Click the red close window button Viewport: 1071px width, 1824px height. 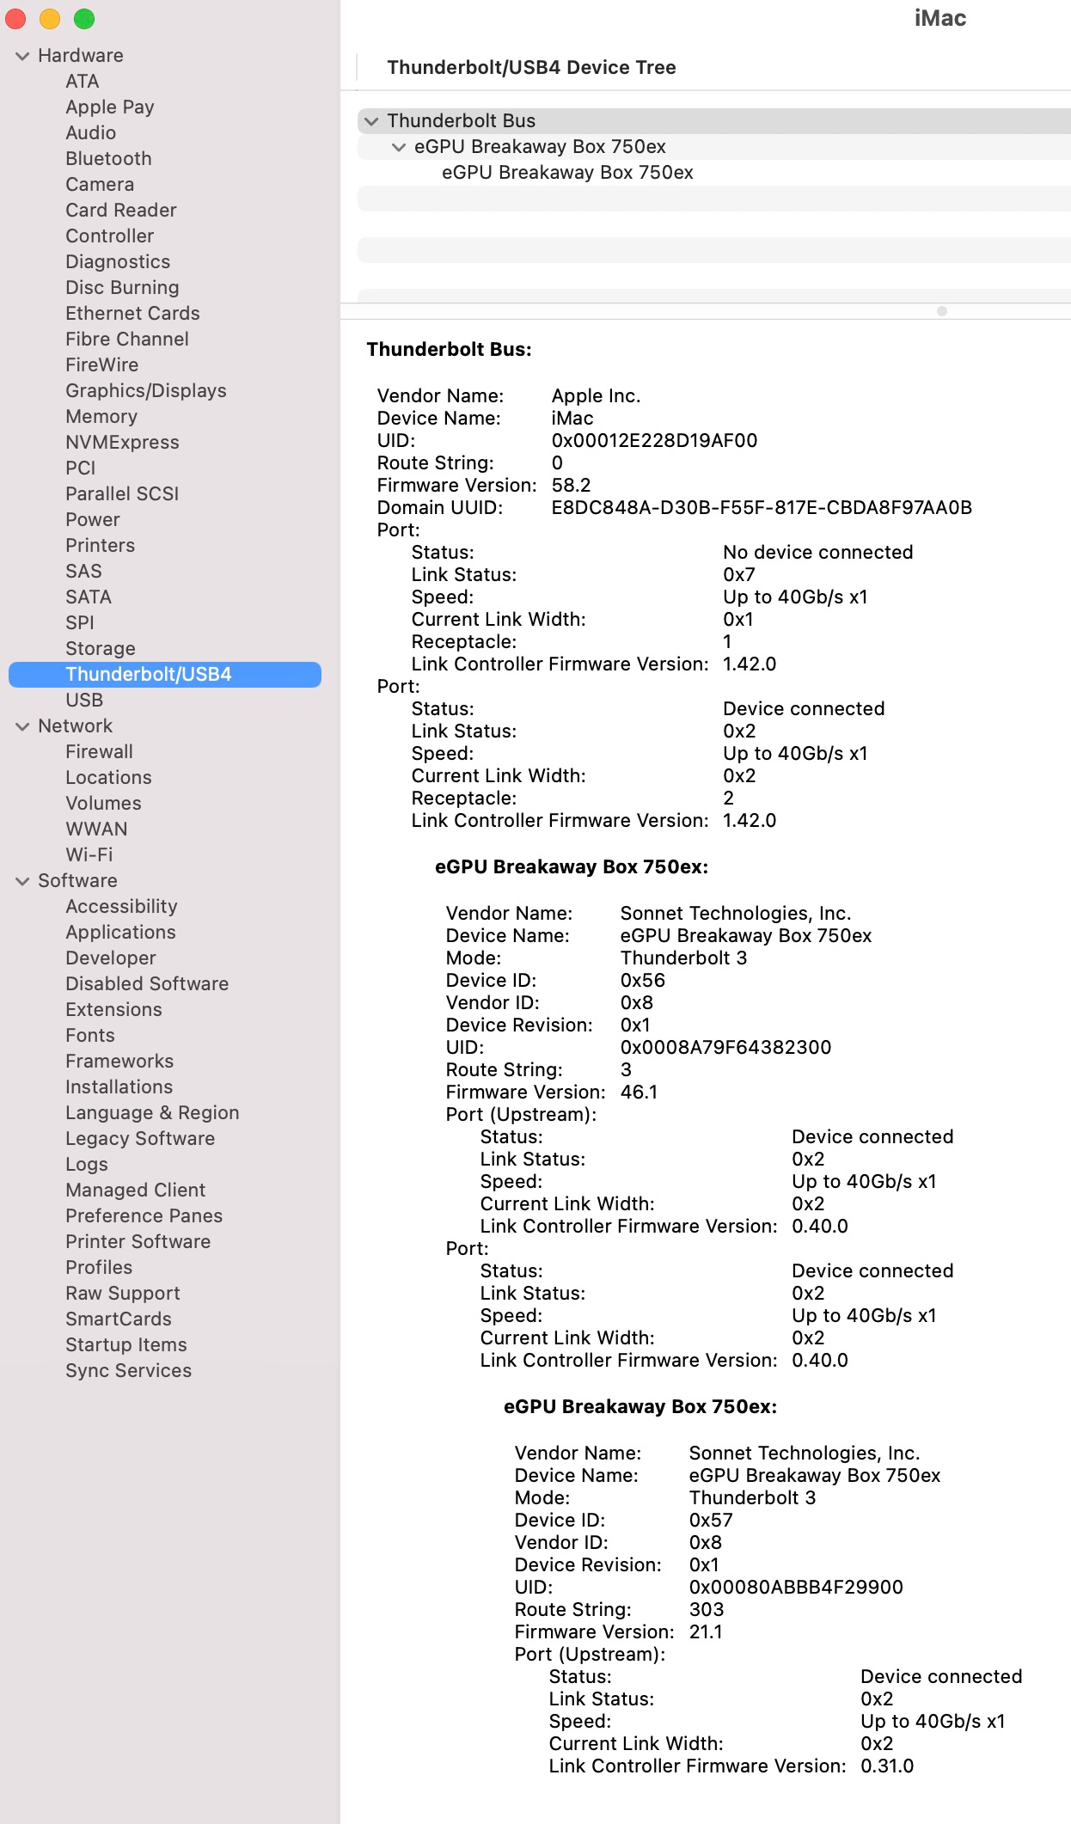point(16,19)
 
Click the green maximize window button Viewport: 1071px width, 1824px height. point(84,19)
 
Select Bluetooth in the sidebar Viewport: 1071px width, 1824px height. point(108,158)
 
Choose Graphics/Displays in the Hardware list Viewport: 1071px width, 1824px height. point(146,390)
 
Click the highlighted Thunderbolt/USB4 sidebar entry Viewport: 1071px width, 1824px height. point(149,674)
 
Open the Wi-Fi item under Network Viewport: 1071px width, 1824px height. point(89,854)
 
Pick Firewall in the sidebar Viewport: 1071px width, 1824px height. point(99,751)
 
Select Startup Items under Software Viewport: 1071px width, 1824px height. point(126,1344)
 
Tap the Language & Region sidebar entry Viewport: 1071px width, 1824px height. point(152,1112)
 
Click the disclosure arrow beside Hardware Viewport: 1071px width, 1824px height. point(22,56)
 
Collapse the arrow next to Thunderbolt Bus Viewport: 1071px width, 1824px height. point(371,121)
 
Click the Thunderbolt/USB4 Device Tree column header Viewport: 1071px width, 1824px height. point(531,67)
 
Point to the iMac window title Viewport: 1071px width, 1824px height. point(939,18)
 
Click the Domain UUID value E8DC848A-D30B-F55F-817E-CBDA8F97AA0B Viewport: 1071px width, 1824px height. point(762,507)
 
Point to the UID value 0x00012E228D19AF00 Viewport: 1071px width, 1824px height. point(654,440)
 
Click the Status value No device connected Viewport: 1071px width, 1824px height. point(817,552)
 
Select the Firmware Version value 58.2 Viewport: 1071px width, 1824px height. point(571,485)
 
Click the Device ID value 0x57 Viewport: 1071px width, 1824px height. point(711,1520)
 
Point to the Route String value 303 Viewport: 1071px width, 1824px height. point(707,1609)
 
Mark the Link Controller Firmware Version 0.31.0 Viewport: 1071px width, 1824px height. point(887,1766)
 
